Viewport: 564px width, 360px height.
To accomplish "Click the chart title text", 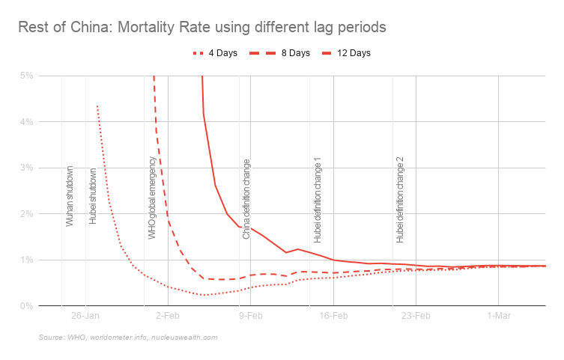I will pyautogui.click(x=202, y=28).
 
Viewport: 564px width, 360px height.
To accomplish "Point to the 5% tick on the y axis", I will pyautogui.click(x=27, y=76).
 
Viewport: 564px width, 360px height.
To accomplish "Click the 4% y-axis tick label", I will pyautogui.click(x=27, y=122).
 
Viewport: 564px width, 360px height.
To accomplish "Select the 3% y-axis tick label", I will pyautogui.click(x=27, y=168).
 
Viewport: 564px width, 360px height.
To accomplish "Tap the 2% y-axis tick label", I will pyautogui.click(x=27, y=214).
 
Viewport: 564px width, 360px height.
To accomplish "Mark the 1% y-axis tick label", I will pyautogui.click(x=27, y=260).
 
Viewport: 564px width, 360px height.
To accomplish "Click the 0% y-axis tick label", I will pyautogui.click(x=27, y=306).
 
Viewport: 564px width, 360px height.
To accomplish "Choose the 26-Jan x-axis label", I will pyautogui.click(x=85, y=317).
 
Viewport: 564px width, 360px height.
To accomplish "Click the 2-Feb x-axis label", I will pyautogui.click(x=168, y=317).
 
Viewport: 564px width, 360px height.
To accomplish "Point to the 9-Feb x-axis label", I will pyautogui.click(x=250, y=317).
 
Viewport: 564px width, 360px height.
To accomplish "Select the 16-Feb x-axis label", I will pyautogui.click(x=333, y=317).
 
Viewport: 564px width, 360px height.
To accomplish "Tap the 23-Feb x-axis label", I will pyautogui.click(x=416, y=317).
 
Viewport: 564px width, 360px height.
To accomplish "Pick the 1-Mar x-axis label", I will pyautogui.click(x=499, y=317).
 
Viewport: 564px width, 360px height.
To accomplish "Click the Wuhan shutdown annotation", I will pyautogui.click(x=70, y=196).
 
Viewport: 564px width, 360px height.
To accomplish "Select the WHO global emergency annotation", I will pyautogui.click(x=152, y=198).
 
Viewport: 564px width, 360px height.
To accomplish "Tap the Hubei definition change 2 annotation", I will pyautogui.click(x=400, y=200).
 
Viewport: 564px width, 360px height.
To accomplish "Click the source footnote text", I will pyautogui.click(x=127, y=338).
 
